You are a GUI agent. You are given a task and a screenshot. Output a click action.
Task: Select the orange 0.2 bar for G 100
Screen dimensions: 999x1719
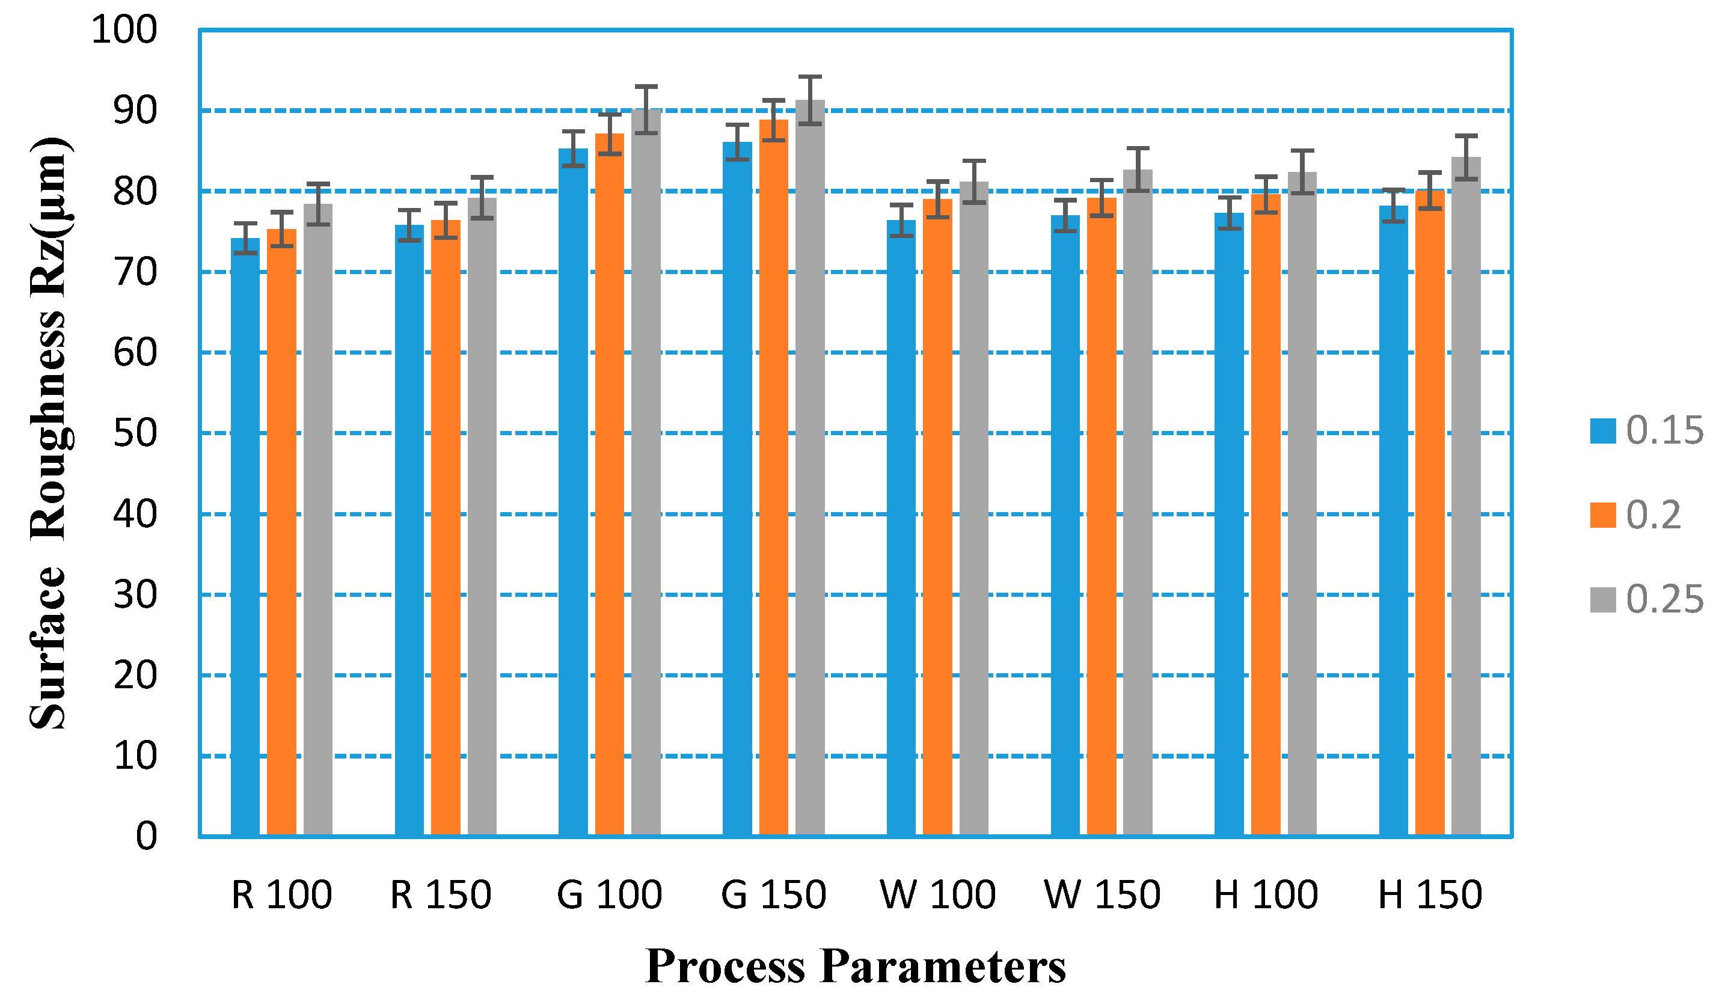[609, 484]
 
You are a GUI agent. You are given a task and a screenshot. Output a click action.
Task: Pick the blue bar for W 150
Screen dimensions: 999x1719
[1065, 525]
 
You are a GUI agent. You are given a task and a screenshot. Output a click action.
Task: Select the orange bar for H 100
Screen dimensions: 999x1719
[1266, 515]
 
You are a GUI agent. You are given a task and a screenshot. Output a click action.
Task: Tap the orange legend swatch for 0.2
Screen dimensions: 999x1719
[1602, 516]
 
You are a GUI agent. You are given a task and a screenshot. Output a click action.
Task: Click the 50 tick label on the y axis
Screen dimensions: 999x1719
[135, 433]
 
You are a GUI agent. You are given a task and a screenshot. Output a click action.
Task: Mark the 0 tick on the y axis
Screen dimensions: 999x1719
[146, 836]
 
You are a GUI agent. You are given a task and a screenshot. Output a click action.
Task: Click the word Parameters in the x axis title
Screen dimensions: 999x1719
[943, 967]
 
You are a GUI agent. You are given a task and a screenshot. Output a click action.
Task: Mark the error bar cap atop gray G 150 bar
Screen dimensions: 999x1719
[810, 77]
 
